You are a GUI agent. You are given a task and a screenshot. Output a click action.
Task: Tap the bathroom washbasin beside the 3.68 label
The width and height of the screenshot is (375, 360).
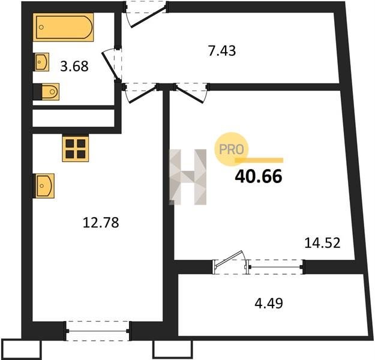tap(42, 62)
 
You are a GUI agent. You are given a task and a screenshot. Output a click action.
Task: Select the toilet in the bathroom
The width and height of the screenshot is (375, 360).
tap(46, 92)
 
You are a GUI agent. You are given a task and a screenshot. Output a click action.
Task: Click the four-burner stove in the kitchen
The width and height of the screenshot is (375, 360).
tap(76, 148)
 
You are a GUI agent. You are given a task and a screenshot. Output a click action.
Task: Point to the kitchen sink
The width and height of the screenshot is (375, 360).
tap(44, 185)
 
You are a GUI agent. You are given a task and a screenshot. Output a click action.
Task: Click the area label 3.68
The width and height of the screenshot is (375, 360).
tap(74, 66)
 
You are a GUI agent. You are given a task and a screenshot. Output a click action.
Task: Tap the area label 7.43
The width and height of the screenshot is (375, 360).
tap(222, 51)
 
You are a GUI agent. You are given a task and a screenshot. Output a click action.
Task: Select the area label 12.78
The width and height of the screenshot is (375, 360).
tap(101, 223)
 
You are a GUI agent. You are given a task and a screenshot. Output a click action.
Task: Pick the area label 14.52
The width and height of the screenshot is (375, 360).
tap(322, 243)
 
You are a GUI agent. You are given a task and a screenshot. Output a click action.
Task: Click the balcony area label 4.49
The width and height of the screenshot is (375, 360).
tap(269, 304)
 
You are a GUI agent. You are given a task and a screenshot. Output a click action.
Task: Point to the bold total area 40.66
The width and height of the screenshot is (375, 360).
tap(259, 176)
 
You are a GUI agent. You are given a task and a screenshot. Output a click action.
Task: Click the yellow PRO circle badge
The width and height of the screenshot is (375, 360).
tap(231, 149)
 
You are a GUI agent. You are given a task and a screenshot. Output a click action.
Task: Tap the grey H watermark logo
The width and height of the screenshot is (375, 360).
tap(188, 177)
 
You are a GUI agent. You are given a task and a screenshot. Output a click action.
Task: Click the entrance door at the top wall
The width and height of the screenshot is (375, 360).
tap(146, 14)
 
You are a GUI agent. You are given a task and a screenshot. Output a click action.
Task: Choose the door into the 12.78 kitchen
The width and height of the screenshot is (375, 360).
tap(140, 92)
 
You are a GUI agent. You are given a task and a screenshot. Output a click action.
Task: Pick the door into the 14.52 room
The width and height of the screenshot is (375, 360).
tap(191, 92)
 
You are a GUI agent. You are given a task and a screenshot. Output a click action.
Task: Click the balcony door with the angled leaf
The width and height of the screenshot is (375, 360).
tap(230, 262)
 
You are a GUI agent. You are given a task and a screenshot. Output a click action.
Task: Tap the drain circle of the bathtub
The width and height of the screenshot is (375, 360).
tap(41, 27)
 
